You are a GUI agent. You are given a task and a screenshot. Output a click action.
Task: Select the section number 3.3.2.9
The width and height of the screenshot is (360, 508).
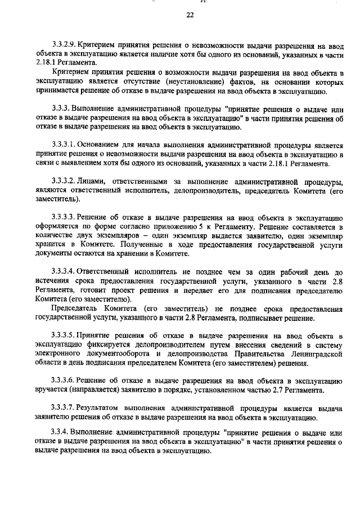[x=62, y=44]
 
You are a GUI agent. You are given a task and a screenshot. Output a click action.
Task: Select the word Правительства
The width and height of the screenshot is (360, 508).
[x=251, y=355]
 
